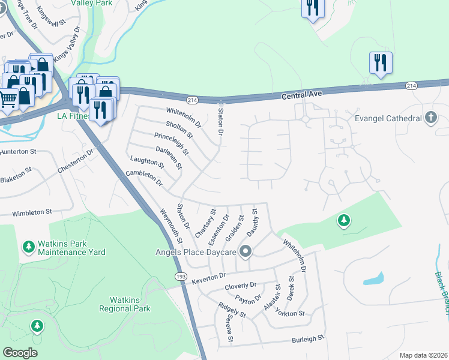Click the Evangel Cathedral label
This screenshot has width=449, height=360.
[387, 118]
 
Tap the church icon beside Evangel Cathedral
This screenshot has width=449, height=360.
[430, 118]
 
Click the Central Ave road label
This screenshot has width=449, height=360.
[303, 94]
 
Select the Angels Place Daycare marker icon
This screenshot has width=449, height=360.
[245, 250]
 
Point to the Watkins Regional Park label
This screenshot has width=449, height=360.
[124, 304]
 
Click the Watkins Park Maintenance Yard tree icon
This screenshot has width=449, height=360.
[28, 247]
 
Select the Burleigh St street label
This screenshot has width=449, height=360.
[308, 339]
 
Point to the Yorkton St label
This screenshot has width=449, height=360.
[291, 314]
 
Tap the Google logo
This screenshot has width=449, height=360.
[20, 353]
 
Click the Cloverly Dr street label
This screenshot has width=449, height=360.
[240, 286]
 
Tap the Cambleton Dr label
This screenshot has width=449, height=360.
[144, 178]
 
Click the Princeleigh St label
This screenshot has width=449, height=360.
[172, 143]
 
